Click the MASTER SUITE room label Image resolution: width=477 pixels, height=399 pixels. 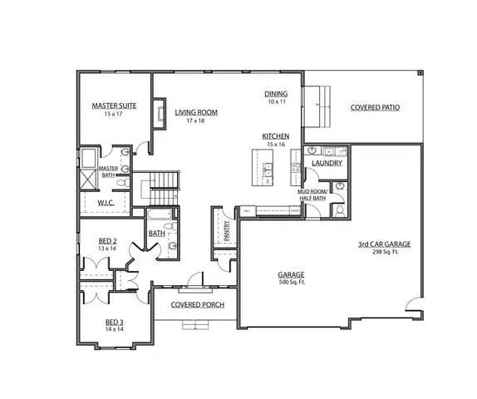(114, 106)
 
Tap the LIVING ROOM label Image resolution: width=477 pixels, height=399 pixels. (195, 112)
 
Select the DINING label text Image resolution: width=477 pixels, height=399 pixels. (276, 94)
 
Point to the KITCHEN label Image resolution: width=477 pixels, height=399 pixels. (275, 135)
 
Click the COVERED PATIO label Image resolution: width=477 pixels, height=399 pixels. (378, 107)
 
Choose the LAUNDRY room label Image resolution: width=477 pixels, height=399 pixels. (327, 163)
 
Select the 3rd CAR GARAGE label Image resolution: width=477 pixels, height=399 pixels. (385, 244)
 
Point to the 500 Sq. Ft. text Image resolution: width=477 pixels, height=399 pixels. (291, 283)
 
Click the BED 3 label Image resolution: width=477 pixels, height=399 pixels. (114, 322)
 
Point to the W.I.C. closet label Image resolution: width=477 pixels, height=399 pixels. (106, 202)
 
